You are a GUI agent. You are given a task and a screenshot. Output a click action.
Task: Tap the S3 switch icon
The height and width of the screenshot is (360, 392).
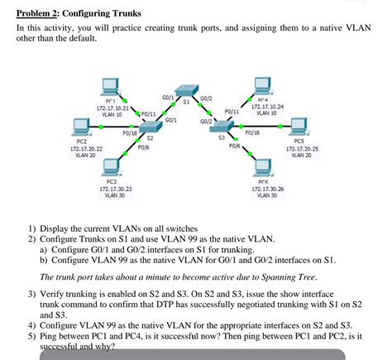[x=222, y=125]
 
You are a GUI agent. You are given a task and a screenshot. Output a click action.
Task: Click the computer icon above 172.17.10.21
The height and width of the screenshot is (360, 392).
[x=108, y=86]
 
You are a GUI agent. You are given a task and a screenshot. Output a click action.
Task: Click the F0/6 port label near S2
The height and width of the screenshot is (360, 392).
[x=143, y=147]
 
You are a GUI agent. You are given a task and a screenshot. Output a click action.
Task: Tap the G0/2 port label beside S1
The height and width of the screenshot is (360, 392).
[x=206, y=98]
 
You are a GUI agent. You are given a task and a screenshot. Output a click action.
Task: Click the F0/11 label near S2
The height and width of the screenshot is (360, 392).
[x=149, y=113]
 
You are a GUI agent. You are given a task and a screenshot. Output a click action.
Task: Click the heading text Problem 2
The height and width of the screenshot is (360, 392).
[x=44, y=14]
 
